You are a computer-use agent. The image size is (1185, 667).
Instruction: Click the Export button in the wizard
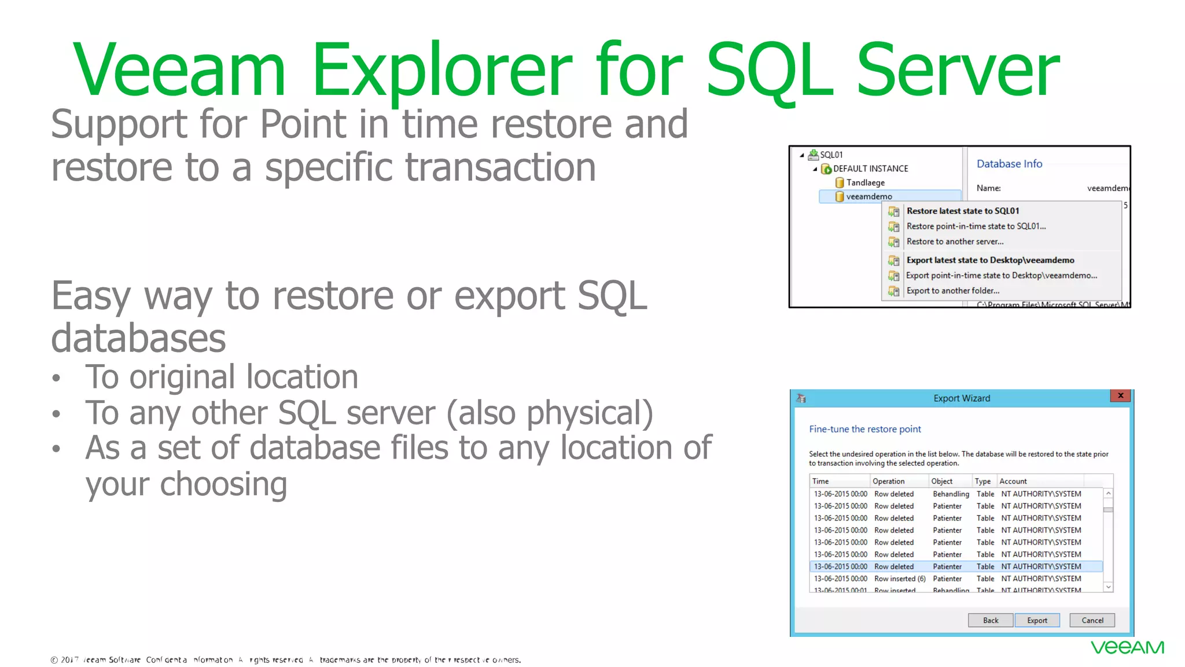(x=1037, y=620)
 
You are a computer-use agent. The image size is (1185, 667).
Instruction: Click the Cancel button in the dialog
(x=1092, y=620)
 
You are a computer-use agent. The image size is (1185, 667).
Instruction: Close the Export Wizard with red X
(x=1120, y=395)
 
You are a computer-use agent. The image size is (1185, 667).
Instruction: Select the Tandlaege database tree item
(x=865, y=182)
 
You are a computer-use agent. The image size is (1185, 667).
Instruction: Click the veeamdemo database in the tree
(x=868, y=196)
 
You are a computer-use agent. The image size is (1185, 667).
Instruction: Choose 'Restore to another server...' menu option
(x=955, y=241)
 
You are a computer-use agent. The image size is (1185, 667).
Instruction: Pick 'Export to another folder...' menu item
(x=952, y=291)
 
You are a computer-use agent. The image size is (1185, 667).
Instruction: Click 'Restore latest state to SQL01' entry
(x=963, y=211)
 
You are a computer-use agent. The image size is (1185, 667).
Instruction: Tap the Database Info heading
(x=1009, y=164)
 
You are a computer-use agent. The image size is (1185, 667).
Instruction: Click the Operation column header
(x=888, y=481)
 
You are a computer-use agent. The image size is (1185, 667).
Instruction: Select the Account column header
(x=1013, y=481)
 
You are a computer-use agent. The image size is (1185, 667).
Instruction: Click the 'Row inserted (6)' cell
(x=900, y=578)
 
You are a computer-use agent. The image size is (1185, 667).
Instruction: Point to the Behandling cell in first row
(x=951, y=494)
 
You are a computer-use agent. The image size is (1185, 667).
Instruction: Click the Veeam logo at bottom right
(x=1127, y=647)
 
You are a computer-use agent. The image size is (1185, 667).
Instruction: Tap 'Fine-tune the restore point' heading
(x=864, y=429)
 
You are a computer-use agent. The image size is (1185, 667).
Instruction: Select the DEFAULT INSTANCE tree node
(x=870, y=168)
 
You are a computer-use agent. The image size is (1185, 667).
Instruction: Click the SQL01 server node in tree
(x=831, y=155)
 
